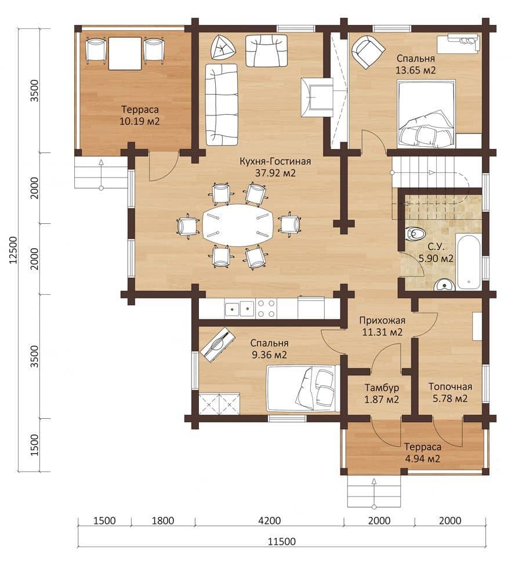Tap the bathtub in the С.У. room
[468, 261]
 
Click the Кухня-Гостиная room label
[275, 161]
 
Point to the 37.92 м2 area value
[275, 173]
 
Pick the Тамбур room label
[382, 387]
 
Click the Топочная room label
[450, 387]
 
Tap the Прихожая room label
[382, 320]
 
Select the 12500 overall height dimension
[13, 250]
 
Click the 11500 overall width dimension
[282, 542]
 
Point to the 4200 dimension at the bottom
[270, 521]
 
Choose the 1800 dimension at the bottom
[163, 521]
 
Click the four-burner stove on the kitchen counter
[267, 308]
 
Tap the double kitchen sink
[239, 308]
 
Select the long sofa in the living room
[222, 104]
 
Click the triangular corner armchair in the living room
[223, 47]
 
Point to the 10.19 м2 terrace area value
[139, 121]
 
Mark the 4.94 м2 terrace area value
[423, 459]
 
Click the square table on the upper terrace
[125, 53]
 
